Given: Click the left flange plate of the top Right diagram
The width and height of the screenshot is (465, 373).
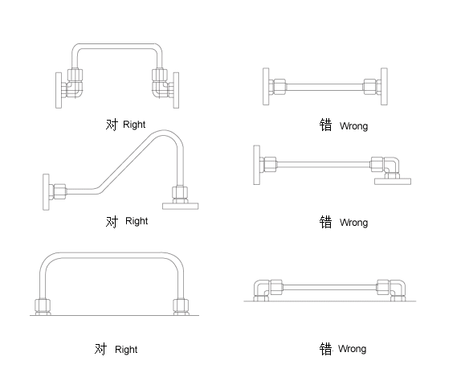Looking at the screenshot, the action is pyautogui.click(x=59, y=90).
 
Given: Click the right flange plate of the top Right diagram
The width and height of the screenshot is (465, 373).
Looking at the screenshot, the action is pyautogui.click(x=176, y=90).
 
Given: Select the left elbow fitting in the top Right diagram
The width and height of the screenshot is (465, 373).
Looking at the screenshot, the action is pyautogui.click(x=74, y=89).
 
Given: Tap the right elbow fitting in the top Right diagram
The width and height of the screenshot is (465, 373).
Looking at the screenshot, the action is pyautogui.click(x=160, y=89).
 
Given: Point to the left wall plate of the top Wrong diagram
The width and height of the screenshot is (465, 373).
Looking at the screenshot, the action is pyautogui.click(x=266, y=86).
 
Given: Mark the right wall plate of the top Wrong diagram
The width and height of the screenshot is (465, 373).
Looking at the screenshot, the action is pyautogui.click(x=384, y=86).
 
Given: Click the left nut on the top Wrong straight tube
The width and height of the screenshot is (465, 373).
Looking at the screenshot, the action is pyautogui.click(x=279, y=87).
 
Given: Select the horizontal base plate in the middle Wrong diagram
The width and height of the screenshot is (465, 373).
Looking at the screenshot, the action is pyautogui.click(x=393, y=182).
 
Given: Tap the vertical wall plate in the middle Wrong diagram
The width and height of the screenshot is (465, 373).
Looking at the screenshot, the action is pyautogui.click(x=257, y=165).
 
